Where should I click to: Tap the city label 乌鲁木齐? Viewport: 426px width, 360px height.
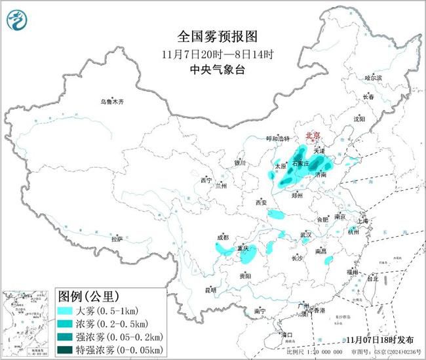[x=111, y=102]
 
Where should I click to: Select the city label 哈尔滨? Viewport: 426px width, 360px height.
[x=373, y=77]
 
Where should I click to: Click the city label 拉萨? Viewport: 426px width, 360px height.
[x=117, y=239]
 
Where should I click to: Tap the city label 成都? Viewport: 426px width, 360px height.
[x=222, y=237]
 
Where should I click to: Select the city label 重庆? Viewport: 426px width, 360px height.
[x=242, y=249]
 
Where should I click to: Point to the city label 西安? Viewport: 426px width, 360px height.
[x=260, y=203]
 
